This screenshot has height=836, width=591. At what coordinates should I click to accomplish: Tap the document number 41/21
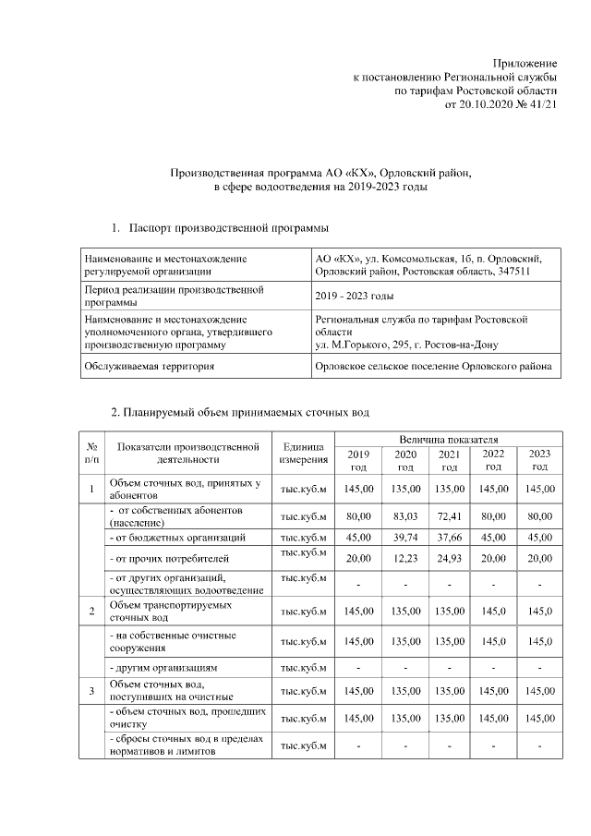(x=542, y=105)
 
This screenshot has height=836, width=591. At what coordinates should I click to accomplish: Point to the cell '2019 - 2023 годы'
(x=355, y=296)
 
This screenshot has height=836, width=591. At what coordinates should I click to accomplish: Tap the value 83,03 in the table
(x=406, y=516)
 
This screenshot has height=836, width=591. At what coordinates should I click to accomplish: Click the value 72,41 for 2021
(x=450, y=516)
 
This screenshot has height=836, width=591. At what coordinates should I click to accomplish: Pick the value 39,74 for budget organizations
(x=406, y=537)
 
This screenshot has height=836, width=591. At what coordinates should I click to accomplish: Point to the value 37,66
(x=450, y=537)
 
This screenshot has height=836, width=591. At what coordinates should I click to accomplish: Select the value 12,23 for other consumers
(x=406, y=558)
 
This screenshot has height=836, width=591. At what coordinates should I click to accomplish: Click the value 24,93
(x=450, y=558)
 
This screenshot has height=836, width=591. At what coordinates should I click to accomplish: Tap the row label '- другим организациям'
(x=164, y=666)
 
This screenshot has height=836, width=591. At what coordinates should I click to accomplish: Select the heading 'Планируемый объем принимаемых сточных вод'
(x=240, y=411)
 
